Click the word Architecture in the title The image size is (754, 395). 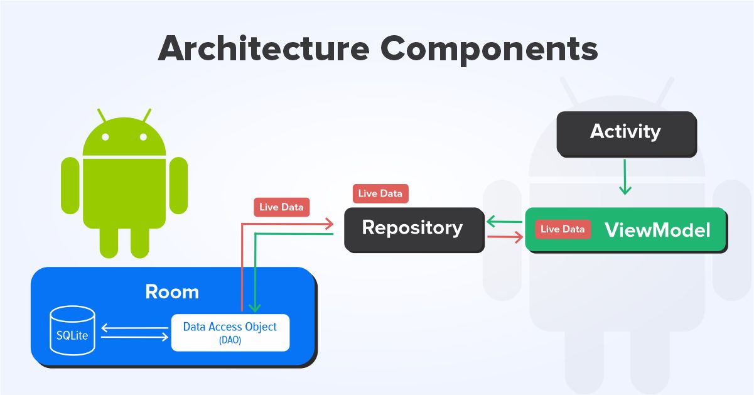[262, 48]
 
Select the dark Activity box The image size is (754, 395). [626, 133]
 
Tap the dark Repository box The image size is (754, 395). [413, 228]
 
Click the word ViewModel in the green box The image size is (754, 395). [657, 230]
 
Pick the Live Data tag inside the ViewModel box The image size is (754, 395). [563, 229]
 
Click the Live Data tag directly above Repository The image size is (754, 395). [380, 193]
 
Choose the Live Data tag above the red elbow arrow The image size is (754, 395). [281, 207]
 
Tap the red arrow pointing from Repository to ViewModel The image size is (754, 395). [505, 237]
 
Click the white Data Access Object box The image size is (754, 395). [230, 332]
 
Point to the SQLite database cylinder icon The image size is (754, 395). [72, 332]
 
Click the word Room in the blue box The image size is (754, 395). [171, 292]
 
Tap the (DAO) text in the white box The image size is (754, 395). [230, 340]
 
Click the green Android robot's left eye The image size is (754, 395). [106, 136]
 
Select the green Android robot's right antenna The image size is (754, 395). [147, 116]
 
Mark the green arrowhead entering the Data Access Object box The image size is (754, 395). [254, 307]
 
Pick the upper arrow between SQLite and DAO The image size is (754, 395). [134, 327]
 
